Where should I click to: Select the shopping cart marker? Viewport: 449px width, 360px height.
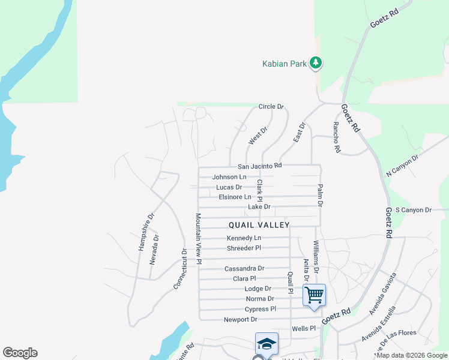pos(314,295)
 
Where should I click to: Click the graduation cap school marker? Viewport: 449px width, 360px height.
pos(266,344)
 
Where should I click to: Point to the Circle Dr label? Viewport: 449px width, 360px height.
pos(271,107)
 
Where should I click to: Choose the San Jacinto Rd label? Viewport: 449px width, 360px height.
pos(259,166)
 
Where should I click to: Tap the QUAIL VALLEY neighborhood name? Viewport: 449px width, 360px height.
pos(259,225)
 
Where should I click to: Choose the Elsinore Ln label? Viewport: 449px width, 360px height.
pos(235,197)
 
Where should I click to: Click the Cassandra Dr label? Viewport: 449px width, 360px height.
pos(244,269)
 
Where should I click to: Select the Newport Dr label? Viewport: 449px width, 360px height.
pos(240,320)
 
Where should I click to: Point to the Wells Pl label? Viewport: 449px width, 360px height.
pos(303,329)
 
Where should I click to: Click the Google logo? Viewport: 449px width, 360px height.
pos(20,353)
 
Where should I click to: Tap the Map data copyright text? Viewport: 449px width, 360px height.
pos(411,355)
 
